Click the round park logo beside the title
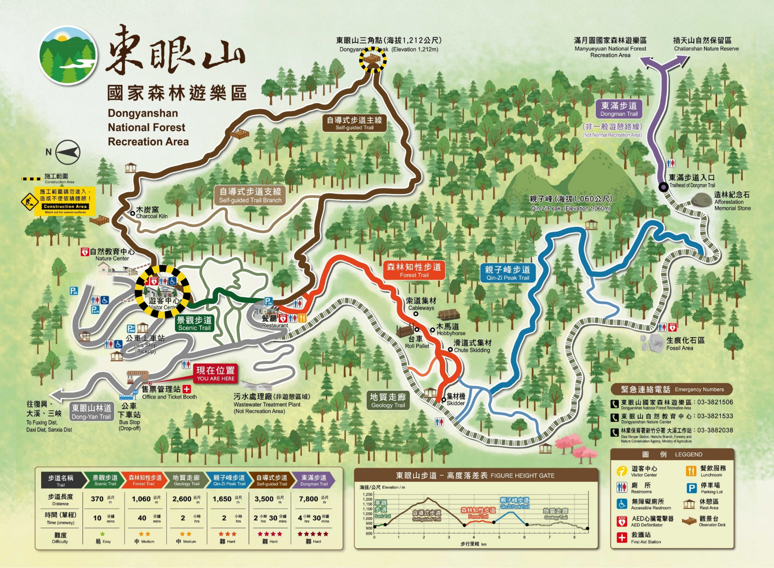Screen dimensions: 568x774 tap(68, 55)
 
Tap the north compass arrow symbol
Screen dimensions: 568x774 tap(68, 152)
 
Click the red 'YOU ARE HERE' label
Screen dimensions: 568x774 tap(215, 374)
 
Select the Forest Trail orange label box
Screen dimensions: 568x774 tap(414, 270)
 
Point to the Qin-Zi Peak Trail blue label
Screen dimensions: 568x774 tap(508, 273)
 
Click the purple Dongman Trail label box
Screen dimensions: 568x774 tap(619, 109)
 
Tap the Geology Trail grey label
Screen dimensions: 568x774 tap(388, 400)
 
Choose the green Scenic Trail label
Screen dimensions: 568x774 tap(194, 323)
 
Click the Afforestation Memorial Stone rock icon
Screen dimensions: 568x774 tap(702, 200)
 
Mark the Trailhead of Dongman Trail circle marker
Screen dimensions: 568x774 tap(663, 187)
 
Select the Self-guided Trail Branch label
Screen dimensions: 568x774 tap(250, 195)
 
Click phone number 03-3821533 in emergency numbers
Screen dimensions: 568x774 tap(715, 416)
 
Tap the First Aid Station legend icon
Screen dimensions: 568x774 tap(622, 537)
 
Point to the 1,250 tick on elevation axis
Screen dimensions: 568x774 tap(367, 495)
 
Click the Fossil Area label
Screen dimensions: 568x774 tap(685, 344)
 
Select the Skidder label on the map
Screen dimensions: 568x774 tap(456, 400)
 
